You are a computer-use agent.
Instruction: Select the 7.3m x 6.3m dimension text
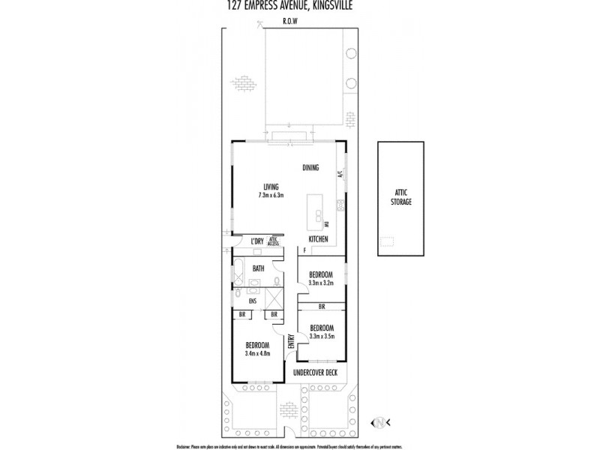point(271,195)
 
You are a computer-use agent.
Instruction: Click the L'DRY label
point(257,241)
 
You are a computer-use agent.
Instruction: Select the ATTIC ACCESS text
point(274,241)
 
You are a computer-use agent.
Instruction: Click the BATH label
point(258,268)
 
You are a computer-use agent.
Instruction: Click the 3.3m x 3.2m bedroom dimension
point(322,282)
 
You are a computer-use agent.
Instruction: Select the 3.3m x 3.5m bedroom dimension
point(322,335)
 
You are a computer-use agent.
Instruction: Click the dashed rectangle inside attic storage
point(387,242)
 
